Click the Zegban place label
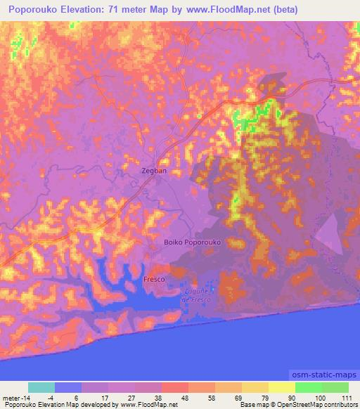click(x=154, y=171)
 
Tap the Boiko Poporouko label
click(x=192, y=242)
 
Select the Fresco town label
click(x=154, y=279)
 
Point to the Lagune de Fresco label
click(x=196, y=296)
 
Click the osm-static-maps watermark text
click(x=323, y=375)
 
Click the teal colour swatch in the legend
click(x=41, y=387)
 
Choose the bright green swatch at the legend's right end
click(x=335, y=387)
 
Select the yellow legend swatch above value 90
click(x=282, y=387)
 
